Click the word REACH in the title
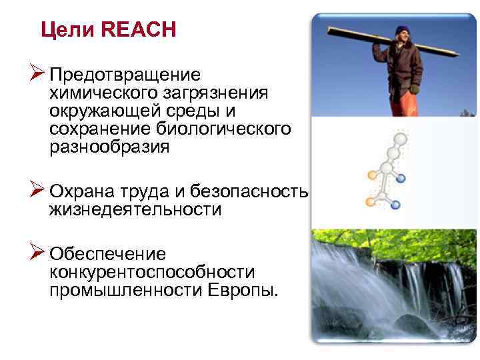(141, 30)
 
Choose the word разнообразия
(109, 147)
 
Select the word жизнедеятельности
(135, 210)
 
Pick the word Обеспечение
(107, 255)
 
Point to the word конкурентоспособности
(152, 273)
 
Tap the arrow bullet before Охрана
(37, 191)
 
